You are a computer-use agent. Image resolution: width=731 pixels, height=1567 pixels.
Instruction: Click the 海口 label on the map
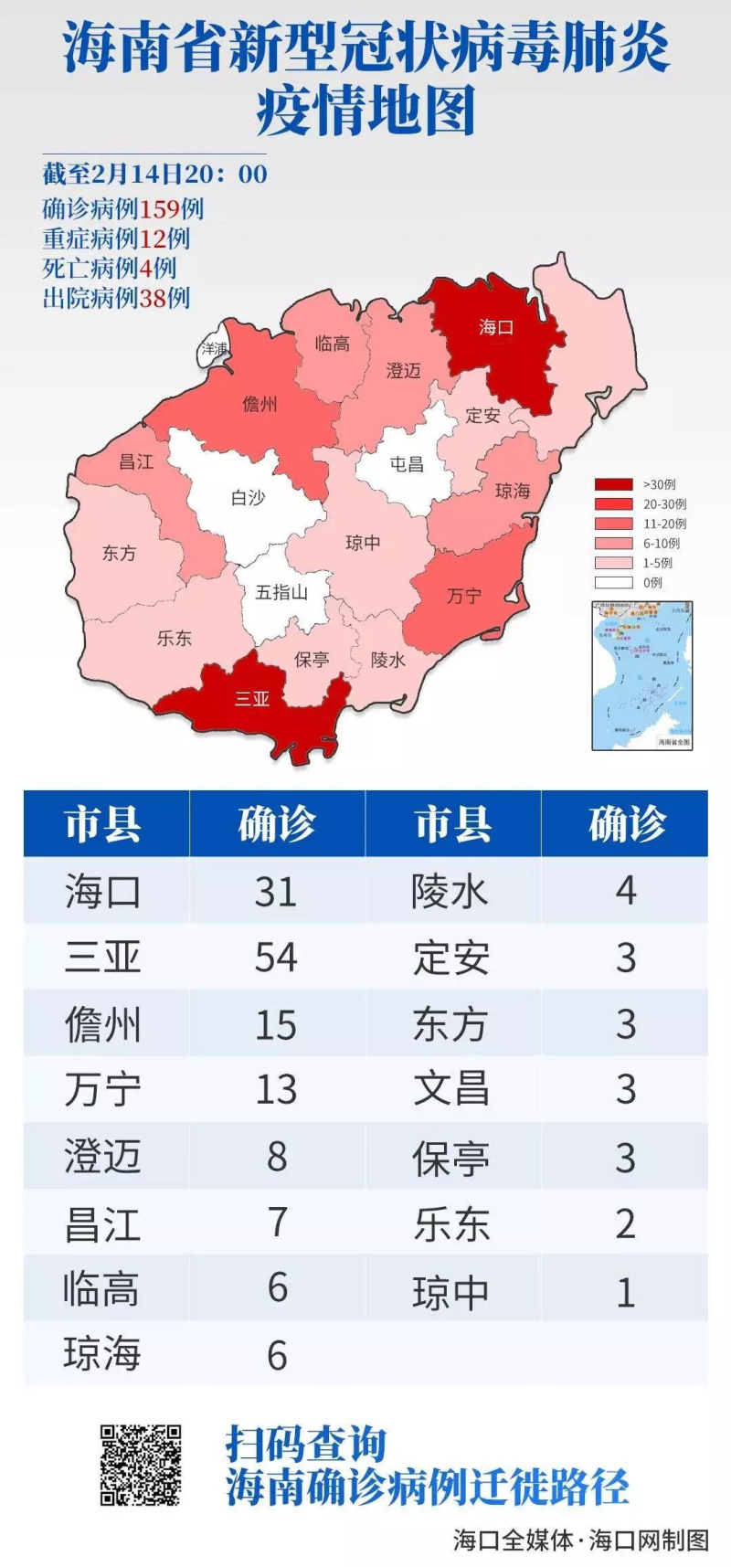click(x=496, y=327)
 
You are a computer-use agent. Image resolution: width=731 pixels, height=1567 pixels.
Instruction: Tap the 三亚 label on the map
click(x=252, y=699)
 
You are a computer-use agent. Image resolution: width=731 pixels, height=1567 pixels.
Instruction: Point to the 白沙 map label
click(x=248, y=498)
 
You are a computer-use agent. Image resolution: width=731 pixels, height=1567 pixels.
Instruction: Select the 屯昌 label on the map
click(x=407, y=464)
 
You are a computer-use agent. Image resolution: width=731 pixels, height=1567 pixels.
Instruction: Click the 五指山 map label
click(x=281, y=592)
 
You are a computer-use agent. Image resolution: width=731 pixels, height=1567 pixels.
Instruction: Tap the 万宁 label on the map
click(x=464, y=596)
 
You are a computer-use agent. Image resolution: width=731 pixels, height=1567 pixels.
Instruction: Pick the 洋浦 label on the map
click(x=215, y=349)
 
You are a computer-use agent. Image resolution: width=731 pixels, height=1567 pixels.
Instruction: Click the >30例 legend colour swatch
click(x=613, y=484)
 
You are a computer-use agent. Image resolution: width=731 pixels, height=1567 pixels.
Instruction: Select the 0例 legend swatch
click(x=613, y=582)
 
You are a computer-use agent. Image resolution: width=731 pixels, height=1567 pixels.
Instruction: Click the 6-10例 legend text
click(x=661, y=543)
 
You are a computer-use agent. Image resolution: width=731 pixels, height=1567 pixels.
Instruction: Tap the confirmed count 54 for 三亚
click(x=276, y=958)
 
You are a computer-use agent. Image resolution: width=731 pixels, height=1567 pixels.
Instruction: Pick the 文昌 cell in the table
click(x=451, y=1089)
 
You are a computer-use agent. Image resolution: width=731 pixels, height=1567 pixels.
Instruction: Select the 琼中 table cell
click(x=451, y=1293)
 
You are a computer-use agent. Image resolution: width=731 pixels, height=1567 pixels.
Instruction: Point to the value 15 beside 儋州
click(x=276, y=1024)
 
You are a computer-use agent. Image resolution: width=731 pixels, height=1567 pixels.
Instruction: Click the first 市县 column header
click(x=103, y=824)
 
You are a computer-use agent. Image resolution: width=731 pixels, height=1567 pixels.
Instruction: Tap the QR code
click(x=141, y=1465)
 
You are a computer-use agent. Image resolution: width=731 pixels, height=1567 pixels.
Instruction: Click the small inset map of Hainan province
click(x=642, y=675)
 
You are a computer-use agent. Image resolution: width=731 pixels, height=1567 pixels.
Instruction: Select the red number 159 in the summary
click(x=159, y=208)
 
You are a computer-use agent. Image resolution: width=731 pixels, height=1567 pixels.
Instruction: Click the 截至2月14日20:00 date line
click(x=154, y=174)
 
